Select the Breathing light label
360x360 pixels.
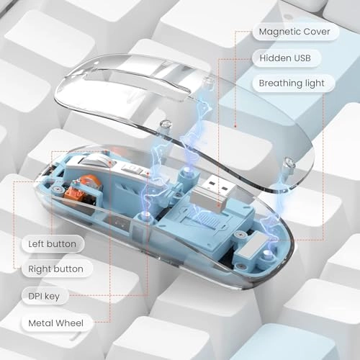(x=291, y=83)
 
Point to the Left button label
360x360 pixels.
(x=51, y=243)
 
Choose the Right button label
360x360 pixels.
(x=55, y=269)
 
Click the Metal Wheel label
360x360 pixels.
(x=55, y=322)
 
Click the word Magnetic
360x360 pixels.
(x=276, y=32)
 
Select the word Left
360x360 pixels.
(x=37, y=243)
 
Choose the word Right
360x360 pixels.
(x=40, y=269)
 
